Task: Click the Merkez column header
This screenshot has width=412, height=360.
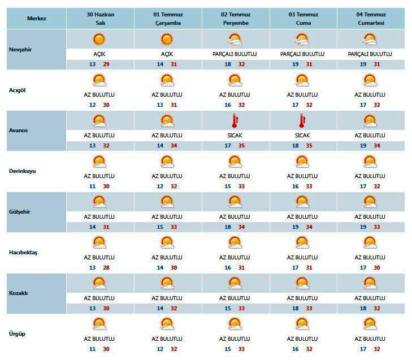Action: [37, 19]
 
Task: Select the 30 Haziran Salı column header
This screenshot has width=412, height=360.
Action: [101, 19]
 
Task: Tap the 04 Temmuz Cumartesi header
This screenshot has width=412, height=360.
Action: [371, 19]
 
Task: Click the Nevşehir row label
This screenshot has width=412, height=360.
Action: [20, 50]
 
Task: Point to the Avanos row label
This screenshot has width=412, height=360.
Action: [19, 131]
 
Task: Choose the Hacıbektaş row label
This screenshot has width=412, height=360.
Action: [23, 253]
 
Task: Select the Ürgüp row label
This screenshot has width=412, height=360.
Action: [17, 334]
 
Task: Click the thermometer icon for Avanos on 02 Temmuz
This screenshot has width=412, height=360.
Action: [235, 121]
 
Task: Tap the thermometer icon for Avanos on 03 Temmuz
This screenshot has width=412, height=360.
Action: [302, 121]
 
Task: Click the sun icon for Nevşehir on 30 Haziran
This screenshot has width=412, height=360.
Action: [99, 39]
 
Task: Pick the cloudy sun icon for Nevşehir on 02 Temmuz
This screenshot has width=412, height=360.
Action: [235, 40]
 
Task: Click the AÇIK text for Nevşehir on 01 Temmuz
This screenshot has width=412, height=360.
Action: [167, 54]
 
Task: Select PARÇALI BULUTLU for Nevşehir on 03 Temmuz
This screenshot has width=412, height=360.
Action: [302, 54]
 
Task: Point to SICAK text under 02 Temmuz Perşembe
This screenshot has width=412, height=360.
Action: [235, 136]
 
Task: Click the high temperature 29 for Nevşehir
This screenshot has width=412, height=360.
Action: [106, 64]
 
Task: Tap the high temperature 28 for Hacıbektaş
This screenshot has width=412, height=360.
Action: [106, 268]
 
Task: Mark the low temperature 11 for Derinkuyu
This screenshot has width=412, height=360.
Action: [93, 186]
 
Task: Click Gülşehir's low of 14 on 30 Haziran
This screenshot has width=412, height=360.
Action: [93, 227]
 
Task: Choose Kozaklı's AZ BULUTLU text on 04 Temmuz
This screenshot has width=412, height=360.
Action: [370, 298]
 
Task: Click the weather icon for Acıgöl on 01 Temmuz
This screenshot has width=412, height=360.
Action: [167, 80]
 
